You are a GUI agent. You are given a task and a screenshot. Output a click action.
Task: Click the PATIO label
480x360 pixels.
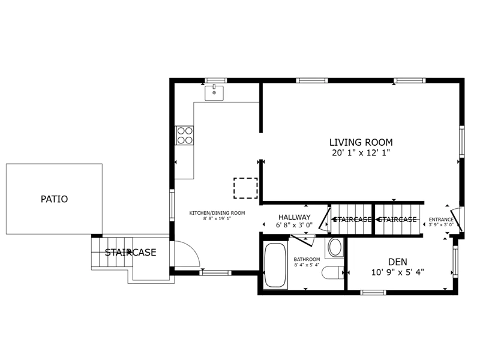[x=54, y=199]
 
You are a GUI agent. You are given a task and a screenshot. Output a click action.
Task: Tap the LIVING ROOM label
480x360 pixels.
[x=361, y=142]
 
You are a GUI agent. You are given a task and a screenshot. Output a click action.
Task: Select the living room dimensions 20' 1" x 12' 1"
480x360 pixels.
[x=361, y=152]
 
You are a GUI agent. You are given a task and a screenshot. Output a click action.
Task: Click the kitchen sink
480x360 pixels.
[x=214, y=93]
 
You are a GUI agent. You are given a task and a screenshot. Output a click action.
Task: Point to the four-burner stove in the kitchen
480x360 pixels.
[x=185, y=136]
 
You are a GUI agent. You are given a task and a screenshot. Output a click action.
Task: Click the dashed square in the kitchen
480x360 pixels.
[x=245, y=188]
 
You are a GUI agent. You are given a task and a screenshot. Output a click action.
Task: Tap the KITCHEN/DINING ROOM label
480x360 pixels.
[x=217, y=213]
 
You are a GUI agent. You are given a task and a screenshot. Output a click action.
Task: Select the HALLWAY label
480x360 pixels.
[x=294, y=217]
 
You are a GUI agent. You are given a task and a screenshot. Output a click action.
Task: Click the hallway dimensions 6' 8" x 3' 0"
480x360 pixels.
[x=294, y=226]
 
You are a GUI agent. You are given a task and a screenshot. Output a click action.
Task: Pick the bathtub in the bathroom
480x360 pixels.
[x=275, y=265]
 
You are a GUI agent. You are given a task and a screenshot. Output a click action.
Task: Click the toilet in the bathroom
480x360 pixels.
[x=333, y=273]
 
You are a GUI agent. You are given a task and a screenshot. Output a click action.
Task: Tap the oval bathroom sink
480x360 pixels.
[x=335, y=247]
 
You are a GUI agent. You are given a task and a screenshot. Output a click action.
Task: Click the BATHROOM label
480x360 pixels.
[x=307, y=259]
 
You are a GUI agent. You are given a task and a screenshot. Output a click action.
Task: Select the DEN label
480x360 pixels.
[x=398, y=262]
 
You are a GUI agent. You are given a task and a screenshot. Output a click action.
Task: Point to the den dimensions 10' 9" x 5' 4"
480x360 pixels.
[x=398, y=272]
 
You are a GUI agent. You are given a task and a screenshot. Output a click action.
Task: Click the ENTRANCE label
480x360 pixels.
[x=441, y=220]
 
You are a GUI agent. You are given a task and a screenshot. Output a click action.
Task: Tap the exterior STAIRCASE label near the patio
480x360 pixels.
[x=130, y=253]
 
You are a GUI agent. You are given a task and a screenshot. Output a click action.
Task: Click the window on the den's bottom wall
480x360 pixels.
[x=373, y=293]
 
